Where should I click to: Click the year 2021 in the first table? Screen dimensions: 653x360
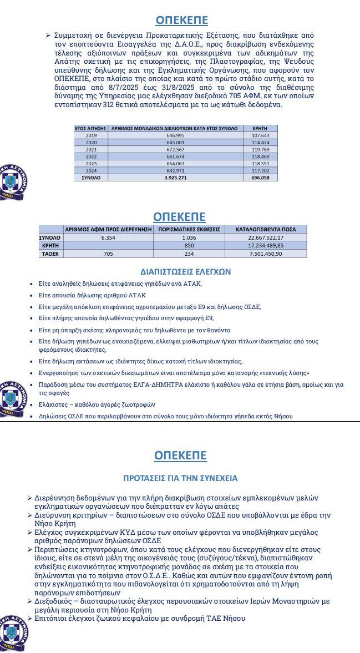point(91,150)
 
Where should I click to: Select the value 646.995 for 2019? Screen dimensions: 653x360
point(175,135)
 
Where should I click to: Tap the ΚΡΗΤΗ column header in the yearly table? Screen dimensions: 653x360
point(260,128)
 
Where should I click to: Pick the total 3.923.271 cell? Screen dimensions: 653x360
point(175,178)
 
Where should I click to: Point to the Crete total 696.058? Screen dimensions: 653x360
point(260,178)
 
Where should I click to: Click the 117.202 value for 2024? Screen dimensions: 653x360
point(260,171)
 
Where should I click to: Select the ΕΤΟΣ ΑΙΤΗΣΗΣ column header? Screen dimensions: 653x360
point(91,128)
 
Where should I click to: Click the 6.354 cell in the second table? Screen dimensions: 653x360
point(108,237)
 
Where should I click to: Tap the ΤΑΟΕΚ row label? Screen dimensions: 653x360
point(50,254)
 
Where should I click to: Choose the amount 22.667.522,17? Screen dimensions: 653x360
point(266,237)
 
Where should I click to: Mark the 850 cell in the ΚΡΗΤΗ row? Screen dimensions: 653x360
point(189,245)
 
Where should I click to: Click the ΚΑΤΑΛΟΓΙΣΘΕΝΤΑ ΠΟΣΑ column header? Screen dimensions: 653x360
point(266,229)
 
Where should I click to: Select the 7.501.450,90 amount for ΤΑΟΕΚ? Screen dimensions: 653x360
point(266,254)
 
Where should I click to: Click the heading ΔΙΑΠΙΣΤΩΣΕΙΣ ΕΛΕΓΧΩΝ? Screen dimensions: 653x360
point(186,272)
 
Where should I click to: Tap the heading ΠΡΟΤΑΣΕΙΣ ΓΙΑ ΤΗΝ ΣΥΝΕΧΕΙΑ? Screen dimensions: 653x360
point(180,478)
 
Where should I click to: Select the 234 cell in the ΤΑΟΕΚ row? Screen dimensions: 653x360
point(189,254)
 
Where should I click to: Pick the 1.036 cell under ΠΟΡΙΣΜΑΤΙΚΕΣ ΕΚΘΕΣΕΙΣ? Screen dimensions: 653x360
point(189,237)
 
